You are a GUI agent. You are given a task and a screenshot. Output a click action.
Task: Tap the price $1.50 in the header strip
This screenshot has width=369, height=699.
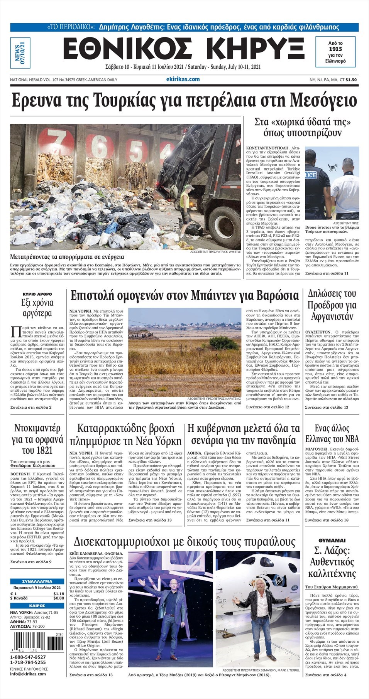click(x=351, y=80)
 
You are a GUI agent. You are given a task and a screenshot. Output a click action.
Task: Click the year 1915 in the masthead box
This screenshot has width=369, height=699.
click(x=335, y=49)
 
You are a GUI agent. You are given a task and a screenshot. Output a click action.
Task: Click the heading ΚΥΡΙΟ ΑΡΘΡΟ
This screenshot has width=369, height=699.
click(x=37, y=294)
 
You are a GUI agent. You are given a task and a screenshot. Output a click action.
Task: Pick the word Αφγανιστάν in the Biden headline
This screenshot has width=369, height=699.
click(x=332, y=317)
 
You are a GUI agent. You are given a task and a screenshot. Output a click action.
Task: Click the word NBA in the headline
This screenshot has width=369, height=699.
click(x=352, y=439)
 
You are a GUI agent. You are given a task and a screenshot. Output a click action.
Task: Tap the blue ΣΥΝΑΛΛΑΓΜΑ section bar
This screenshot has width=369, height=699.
click(x=37, y=581)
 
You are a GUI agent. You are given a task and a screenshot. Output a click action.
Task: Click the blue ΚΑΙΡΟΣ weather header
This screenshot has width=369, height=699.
click(x=37, y=606)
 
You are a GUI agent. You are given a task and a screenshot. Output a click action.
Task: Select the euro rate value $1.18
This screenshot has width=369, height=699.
click(x=59, y=594)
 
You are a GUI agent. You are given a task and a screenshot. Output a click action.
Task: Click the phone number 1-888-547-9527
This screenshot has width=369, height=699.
click(x=28, y=657)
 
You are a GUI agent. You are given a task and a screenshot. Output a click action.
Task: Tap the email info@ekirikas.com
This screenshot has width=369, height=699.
click(x=28, y=674)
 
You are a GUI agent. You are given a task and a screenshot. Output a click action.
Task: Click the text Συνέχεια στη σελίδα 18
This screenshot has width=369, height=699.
click(x=327, y=520)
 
